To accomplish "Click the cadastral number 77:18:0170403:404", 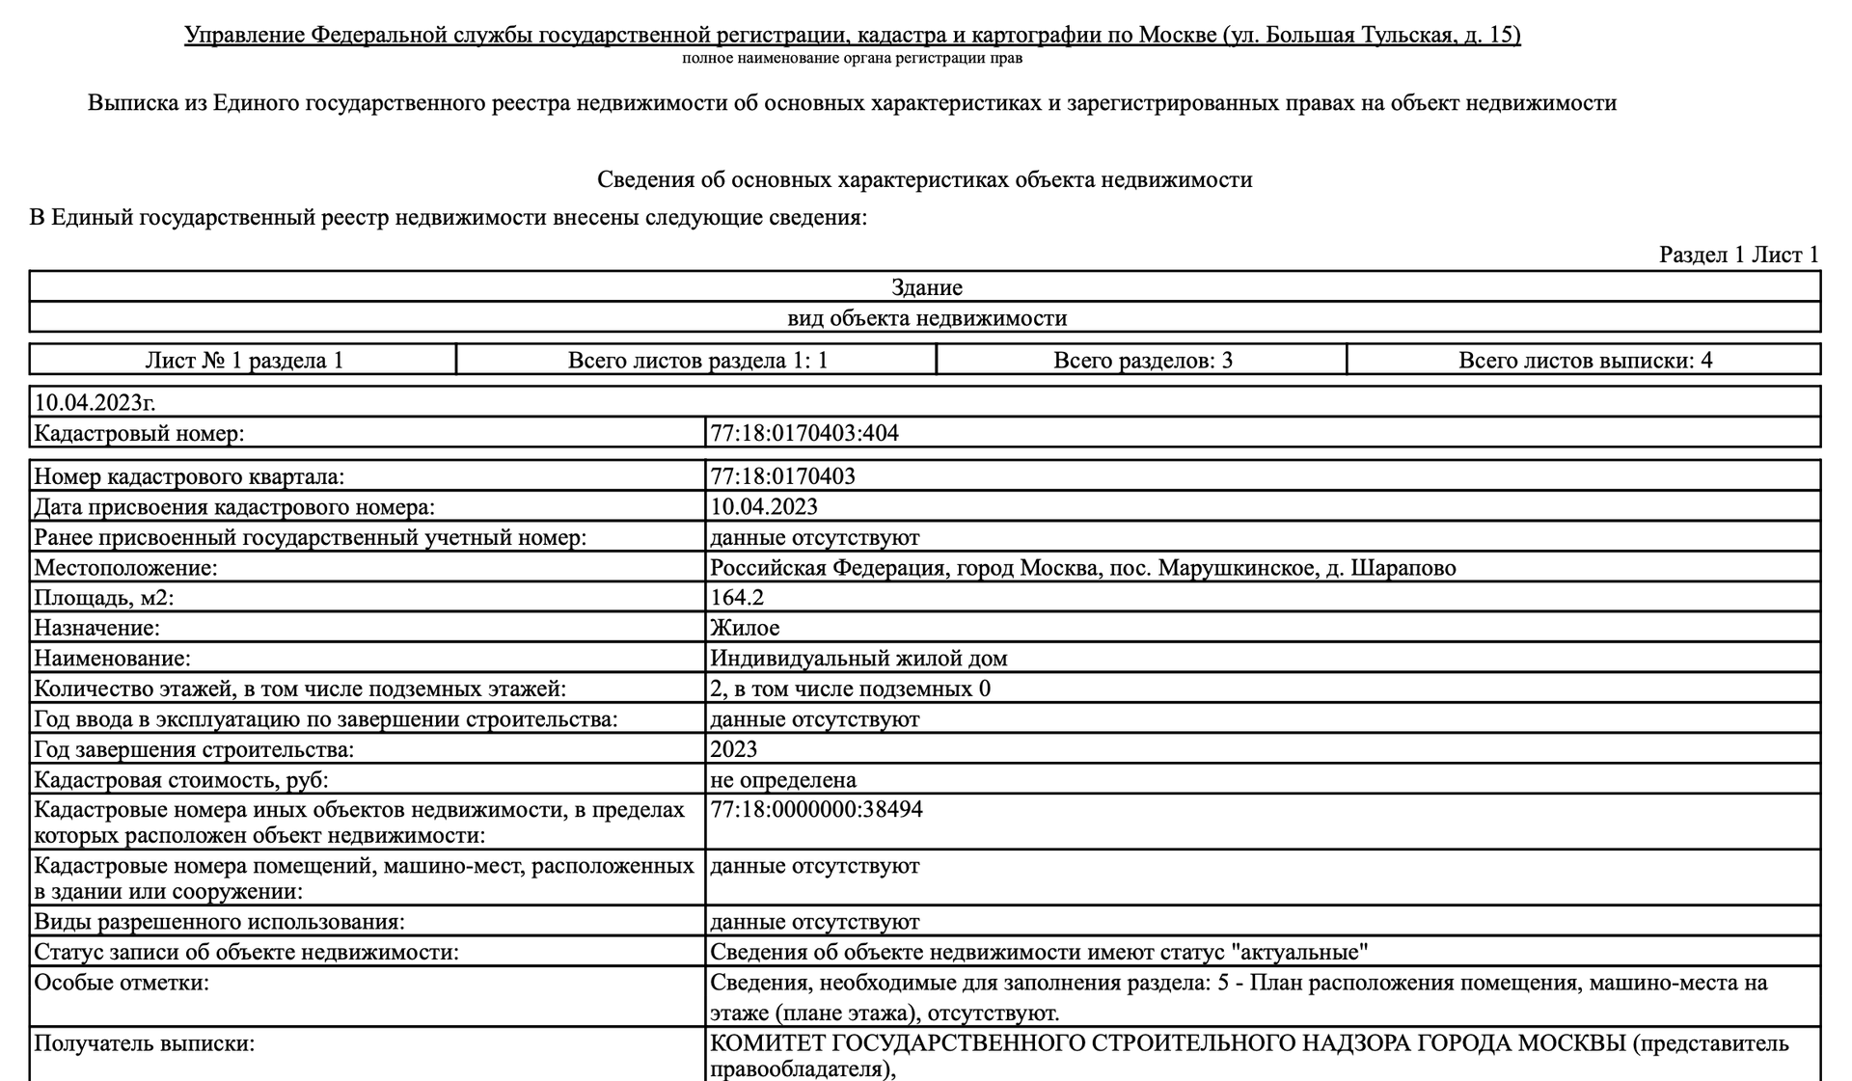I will (x=804, y=433).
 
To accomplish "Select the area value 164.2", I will (x=737, y=598).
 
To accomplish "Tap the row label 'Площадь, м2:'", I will (x=104, y=598).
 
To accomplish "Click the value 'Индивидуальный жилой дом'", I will (x=858, y=659).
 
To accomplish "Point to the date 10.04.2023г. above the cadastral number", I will (x=95, y=402).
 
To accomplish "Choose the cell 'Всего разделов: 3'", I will (x=1142, y=361).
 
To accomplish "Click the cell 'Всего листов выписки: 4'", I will (x=1585, y=361).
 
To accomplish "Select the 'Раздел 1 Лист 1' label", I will (x=1738, y=255).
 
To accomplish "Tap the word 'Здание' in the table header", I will (x=926, y=287).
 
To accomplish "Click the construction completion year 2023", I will (x=734, y=749).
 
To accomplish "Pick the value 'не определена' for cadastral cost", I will (x=783, y=780).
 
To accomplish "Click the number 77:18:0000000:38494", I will (x=816, y=810).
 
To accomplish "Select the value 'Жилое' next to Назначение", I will (x=745, y=629).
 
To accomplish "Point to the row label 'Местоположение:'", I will (x=125, y=568).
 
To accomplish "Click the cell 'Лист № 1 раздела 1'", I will (x=244, y=361).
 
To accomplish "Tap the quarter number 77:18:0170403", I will (x=782, y=476).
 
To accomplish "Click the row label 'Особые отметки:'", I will (x=122, y=984).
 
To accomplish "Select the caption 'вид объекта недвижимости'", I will (x=926, y=318).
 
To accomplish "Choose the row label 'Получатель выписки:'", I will (x=145, y=1043).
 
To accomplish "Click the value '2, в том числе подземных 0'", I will (x=850, y=689).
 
